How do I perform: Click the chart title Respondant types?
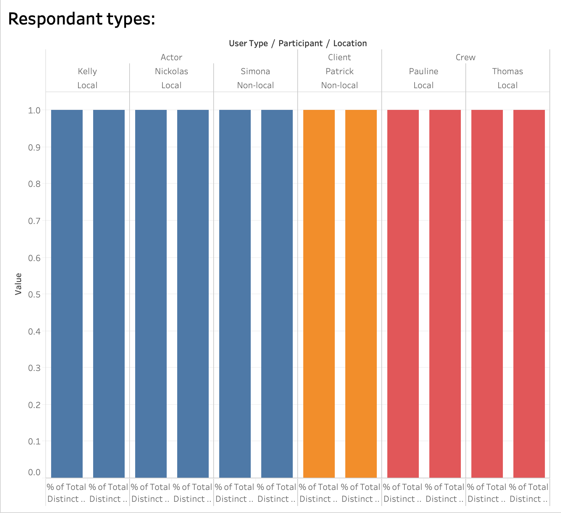[x=81, y=19]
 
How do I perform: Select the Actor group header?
[x=171, y=57]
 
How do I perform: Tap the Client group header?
[x=339, y=57]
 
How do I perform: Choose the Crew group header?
[x=465, y=57]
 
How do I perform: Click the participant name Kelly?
[x=87, y=71]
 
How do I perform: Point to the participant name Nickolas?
[x=171, y=71]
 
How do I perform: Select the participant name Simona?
[x=255, y=71]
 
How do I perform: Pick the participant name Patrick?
[x=339, y=71]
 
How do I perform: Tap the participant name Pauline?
[x=423, y=71]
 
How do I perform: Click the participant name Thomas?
[x=507, y=71]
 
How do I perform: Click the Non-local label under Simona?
[x=255, y=85]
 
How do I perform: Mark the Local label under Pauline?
[x=423, y=85]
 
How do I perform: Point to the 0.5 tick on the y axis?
[x=34, y=295]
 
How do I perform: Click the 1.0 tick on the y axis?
[x=34, y=111]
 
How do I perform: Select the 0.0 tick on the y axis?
[x=34, y=472]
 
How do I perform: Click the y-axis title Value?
[x=18, y=284]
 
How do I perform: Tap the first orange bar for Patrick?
[x=319, y=294]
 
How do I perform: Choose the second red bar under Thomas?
[x=529, y=294]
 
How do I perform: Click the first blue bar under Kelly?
[x=67, y=294]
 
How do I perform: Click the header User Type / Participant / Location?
[x=298, y=43]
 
